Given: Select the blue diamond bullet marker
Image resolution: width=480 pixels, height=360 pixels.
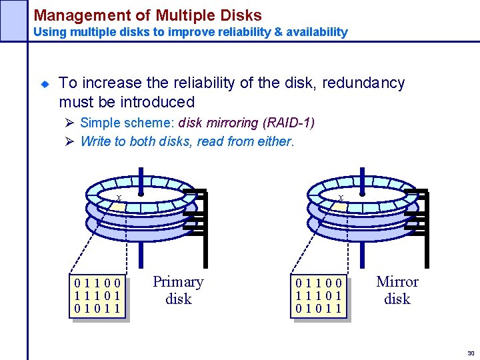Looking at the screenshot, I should pos(45,84).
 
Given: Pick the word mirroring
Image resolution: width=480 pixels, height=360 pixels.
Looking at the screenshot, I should pos(232,123).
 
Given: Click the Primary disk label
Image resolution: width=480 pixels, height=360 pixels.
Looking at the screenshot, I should pos(178,291).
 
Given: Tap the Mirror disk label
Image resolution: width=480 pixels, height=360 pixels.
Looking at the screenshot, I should pos(397,291).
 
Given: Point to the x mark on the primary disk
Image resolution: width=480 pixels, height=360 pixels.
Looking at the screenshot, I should pos(119,198).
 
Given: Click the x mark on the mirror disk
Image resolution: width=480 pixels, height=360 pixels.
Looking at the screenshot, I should pos(341,198).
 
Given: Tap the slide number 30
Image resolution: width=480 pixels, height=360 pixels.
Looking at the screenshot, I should pos(470,353).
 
